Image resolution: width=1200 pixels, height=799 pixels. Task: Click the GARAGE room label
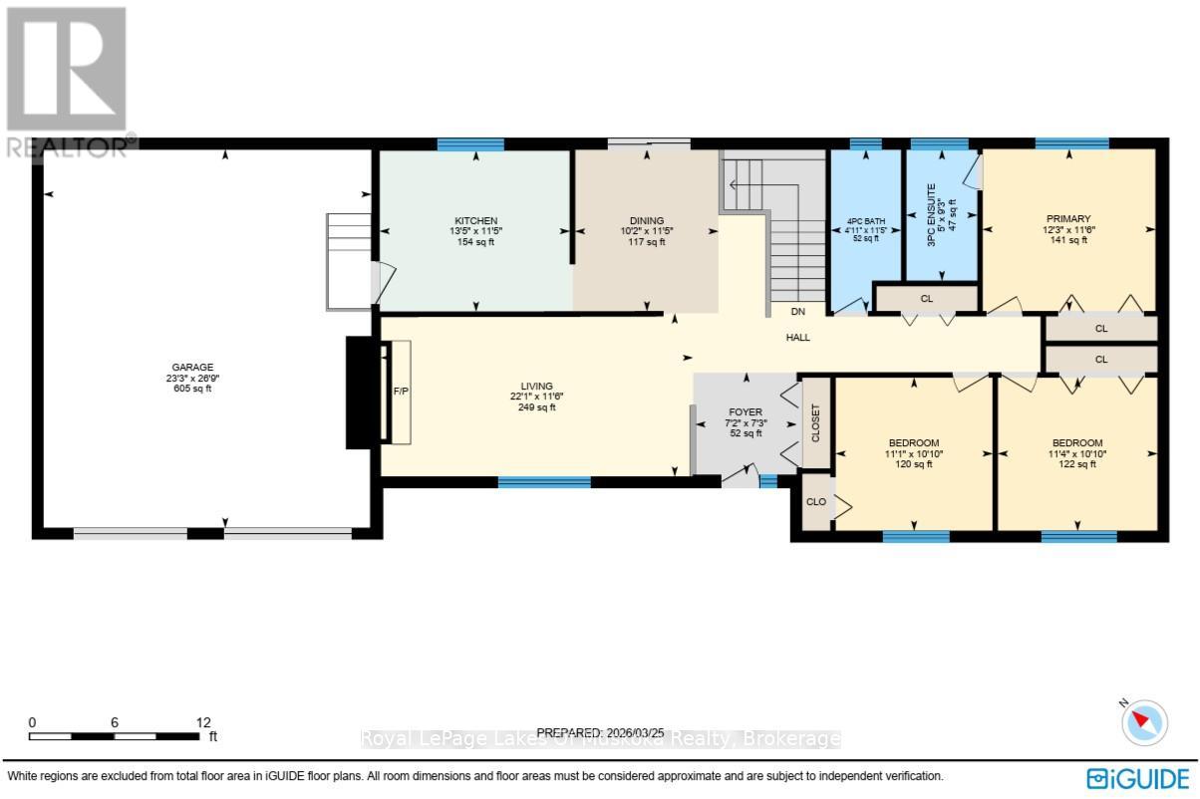(189, 367)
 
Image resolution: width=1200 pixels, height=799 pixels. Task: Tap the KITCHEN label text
(475, 220)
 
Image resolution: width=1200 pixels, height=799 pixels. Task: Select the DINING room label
(646, 220)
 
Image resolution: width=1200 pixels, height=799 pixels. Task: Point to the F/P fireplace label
(401, 392)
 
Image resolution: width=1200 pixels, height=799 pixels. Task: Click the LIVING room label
(536, 386)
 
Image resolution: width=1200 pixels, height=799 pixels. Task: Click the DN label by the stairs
(797, 311)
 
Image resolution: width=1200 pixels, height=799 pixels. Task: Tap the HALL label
(797, 338)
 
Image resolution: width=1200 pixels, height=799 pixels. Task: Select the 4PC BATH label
(865, 220)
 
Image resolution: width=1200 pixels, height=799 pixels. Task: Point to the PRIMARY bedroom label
(1067, 219)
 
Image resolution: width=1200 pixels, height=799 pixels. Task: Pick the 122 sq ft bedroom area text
(1077, 464)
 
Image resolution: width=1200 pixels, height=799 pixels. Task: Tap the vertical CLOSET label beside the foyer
(815, 422)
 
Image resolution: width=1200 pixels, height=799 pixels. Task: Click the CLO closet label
(815, 501)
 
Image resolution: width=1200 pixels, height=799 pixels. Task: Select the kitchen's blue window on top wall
(470, 144)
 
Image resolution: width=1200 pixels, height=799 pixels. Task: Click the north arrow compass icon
(1144, 721)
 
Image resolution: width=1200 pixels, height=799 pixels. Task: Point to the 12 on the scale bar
(203, 722)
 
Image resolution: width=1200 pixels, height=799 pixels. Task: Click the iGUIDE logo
(1137, 777)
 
